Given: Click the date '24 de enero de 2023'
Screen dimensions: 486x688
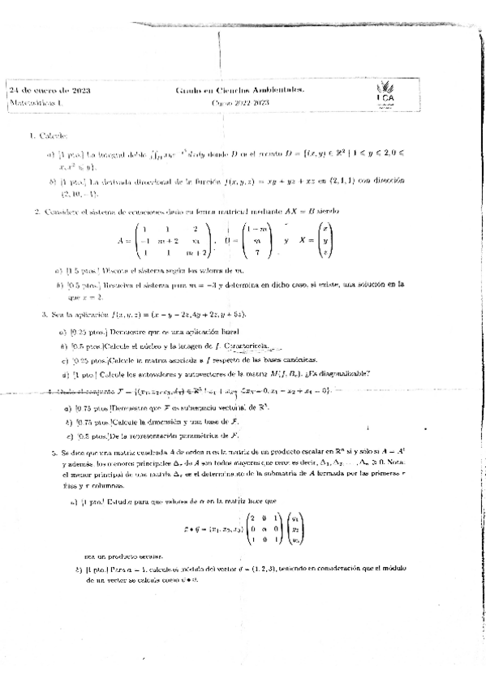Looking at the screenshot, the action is (49, 90).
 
